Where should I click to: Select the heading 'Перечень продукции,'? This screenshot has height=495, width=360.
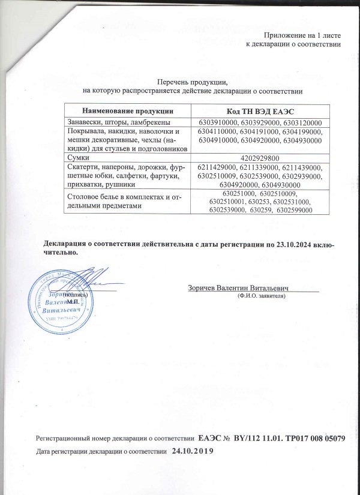191,82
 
